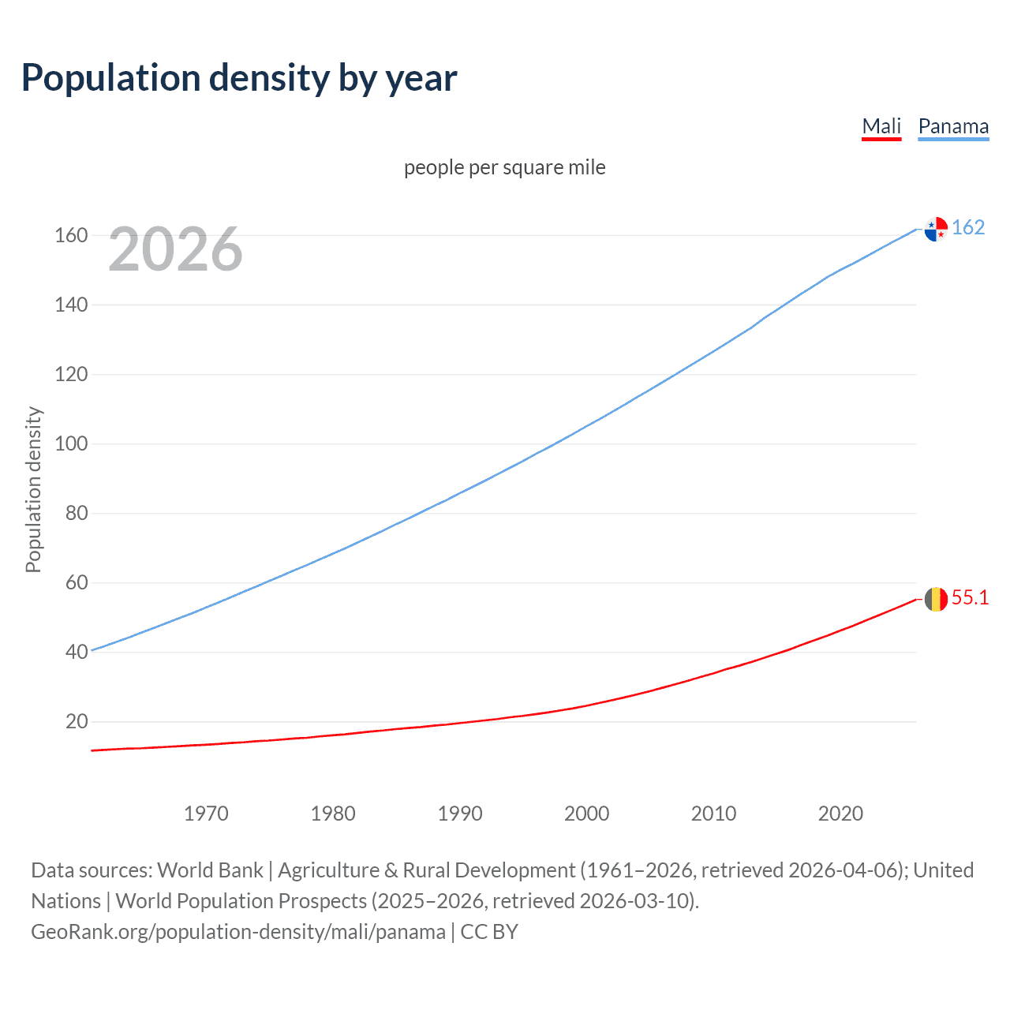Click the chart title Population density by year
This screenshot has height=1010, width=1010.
[239, 78]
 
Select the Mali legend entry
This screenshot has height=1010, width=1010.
[881, 127]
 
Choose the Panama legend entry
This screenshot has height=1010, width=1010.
[953, 127]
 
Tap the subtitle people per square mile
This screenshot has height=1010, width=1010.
[504, 167]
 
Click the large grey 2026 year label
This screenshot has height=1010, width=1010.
[175, 249]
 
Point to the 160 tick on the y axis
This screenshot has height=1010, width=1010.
[71, 235]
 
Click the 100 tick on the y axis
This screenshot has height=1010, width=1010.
[71, 443]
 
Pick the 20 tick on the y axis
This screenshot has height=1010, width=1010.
[77, 721]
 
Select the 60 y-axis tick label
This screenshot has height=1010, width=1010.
[77, 582]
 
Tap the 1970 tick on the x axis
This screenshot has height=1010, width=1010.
[206, 814]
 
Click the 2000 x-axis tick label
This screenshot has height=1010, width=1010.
[586, 814]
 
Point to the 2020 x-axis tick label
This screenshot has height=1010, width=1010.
[840, 814]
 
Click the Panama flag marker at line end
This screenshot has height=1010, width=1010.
[936, 229]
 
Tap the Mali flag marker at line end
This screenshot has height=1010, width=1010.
[936, 600]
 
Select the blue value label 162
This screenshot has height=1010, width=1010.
[968, 228]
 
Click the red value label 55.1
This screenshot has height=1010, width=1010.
[970, 598]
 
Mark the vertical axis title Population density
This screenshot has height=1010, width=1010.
[33, 489]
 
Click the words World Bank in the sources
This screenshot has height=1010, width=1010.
[210, 870]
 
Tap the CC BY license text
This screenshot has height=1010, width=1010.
[489, 932]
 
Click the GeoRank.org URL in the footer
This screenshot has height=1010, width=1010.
[238, 932]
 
